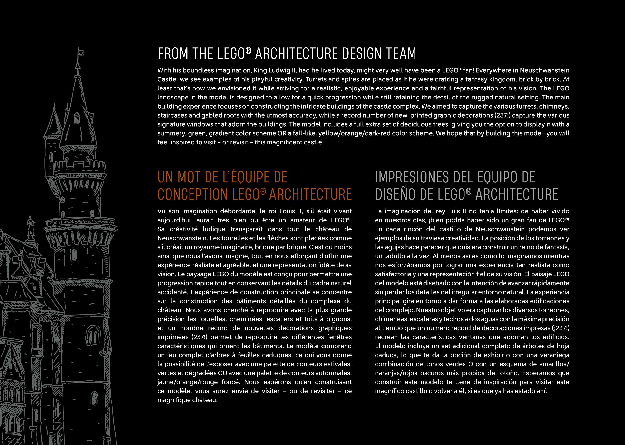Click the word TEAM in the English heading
coord(401,54)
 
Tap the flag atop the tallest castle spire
coord(81,52)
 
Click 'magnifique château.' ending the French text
coord(187,400)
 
